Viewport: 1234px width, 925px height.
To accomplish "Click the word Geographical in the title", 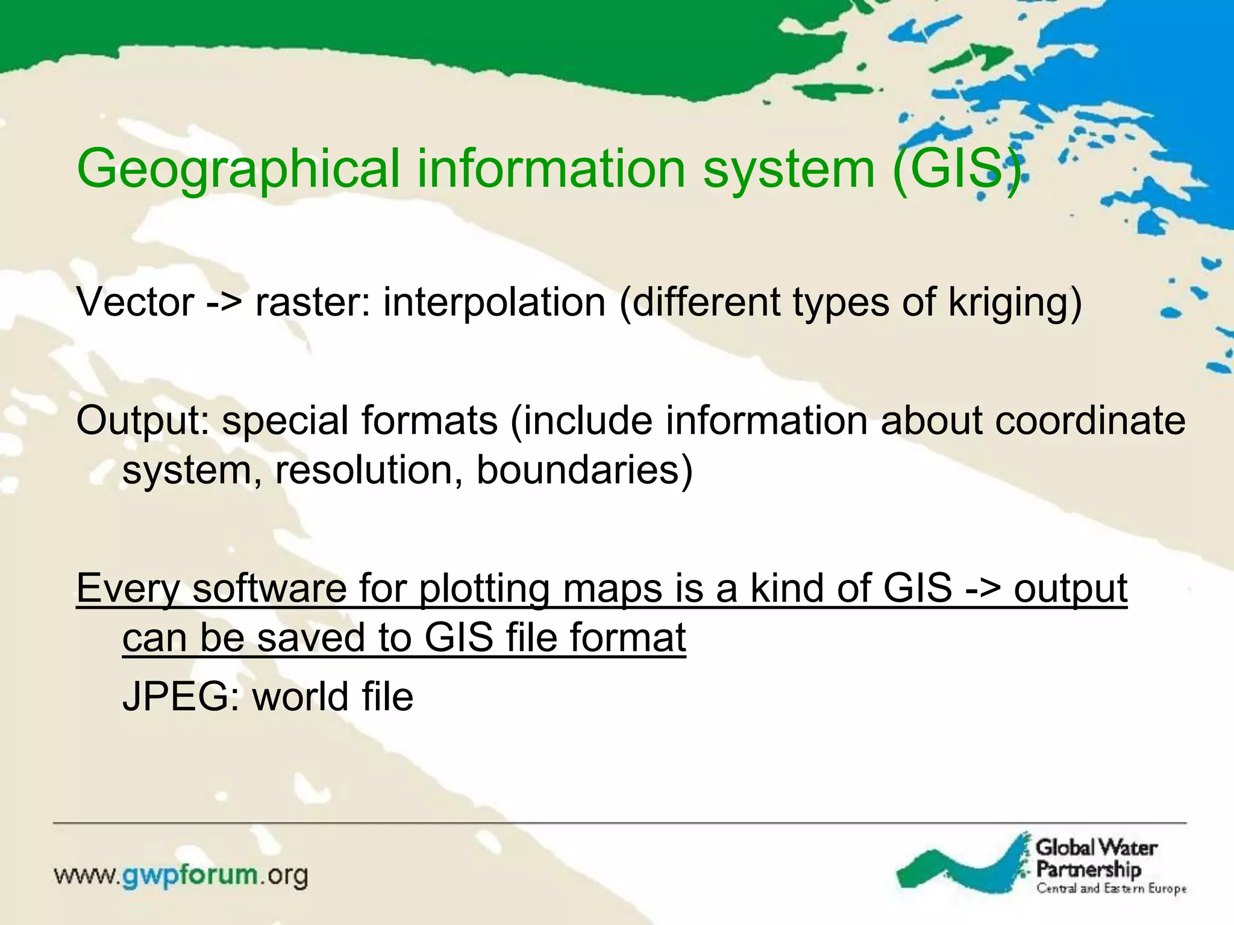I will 238,170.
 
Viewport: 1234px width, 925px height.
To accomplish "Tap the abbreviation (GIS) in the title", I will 957,170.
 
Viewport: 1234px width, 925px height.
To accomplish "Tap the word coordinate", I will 1090,420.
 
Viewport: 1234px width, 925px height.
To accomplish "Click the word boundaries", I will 584,470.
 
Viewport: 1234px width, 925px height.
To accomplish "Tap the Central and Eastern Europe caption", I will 1110,889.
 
